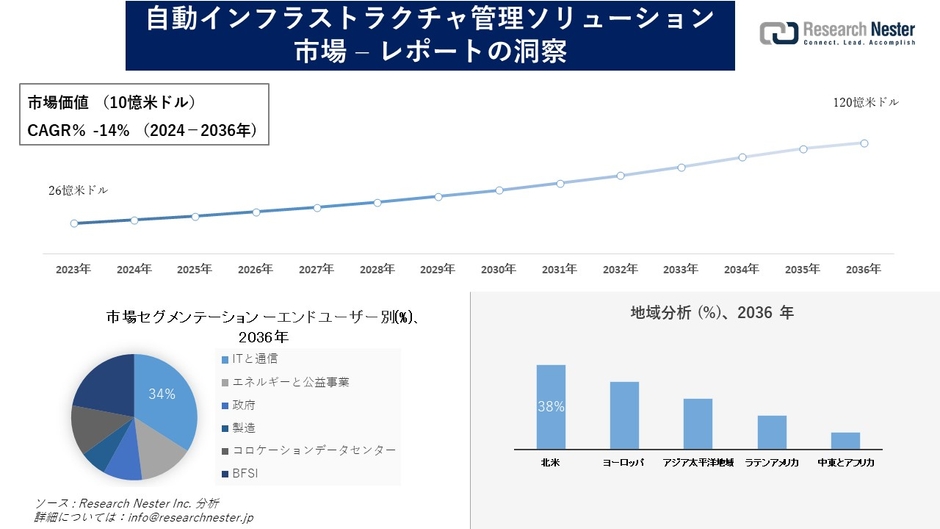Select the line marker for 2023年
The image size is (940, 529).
(x=74, y=224)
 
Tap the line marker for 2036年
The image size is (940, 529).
(x=864, y=143)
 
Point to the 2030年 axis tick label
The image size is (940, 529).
(x=498, y=270)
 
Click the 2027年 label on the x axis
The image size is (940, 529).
(x=316, y=270)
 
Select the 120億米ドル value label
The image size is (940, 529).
(x=866, y=103)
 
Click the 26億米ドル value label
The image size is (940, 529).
(x=77, y=190)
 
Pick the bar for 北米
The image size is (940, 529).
(x=551, y=407)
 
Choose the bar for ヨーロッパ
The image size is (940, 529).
(x=624, y=415)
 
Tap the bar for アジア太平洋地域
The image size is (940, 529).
(x=698, y=424)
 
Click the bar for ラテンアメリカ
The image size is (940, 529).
(x=772, y=432)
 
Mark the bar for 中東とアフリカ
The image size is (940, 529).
(x=845, y=441)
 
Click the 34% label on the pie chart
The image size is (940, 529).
(x=162, y=394)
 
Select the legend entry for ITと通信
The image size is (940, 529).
(x=255, y=358)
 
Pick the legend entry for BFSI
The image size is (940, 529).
(x=246, y=474)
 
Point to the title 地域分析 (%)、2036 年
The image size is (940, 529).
(x=712, y=313)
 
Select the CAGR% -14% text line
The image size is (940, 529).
(x=128, y=129)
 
